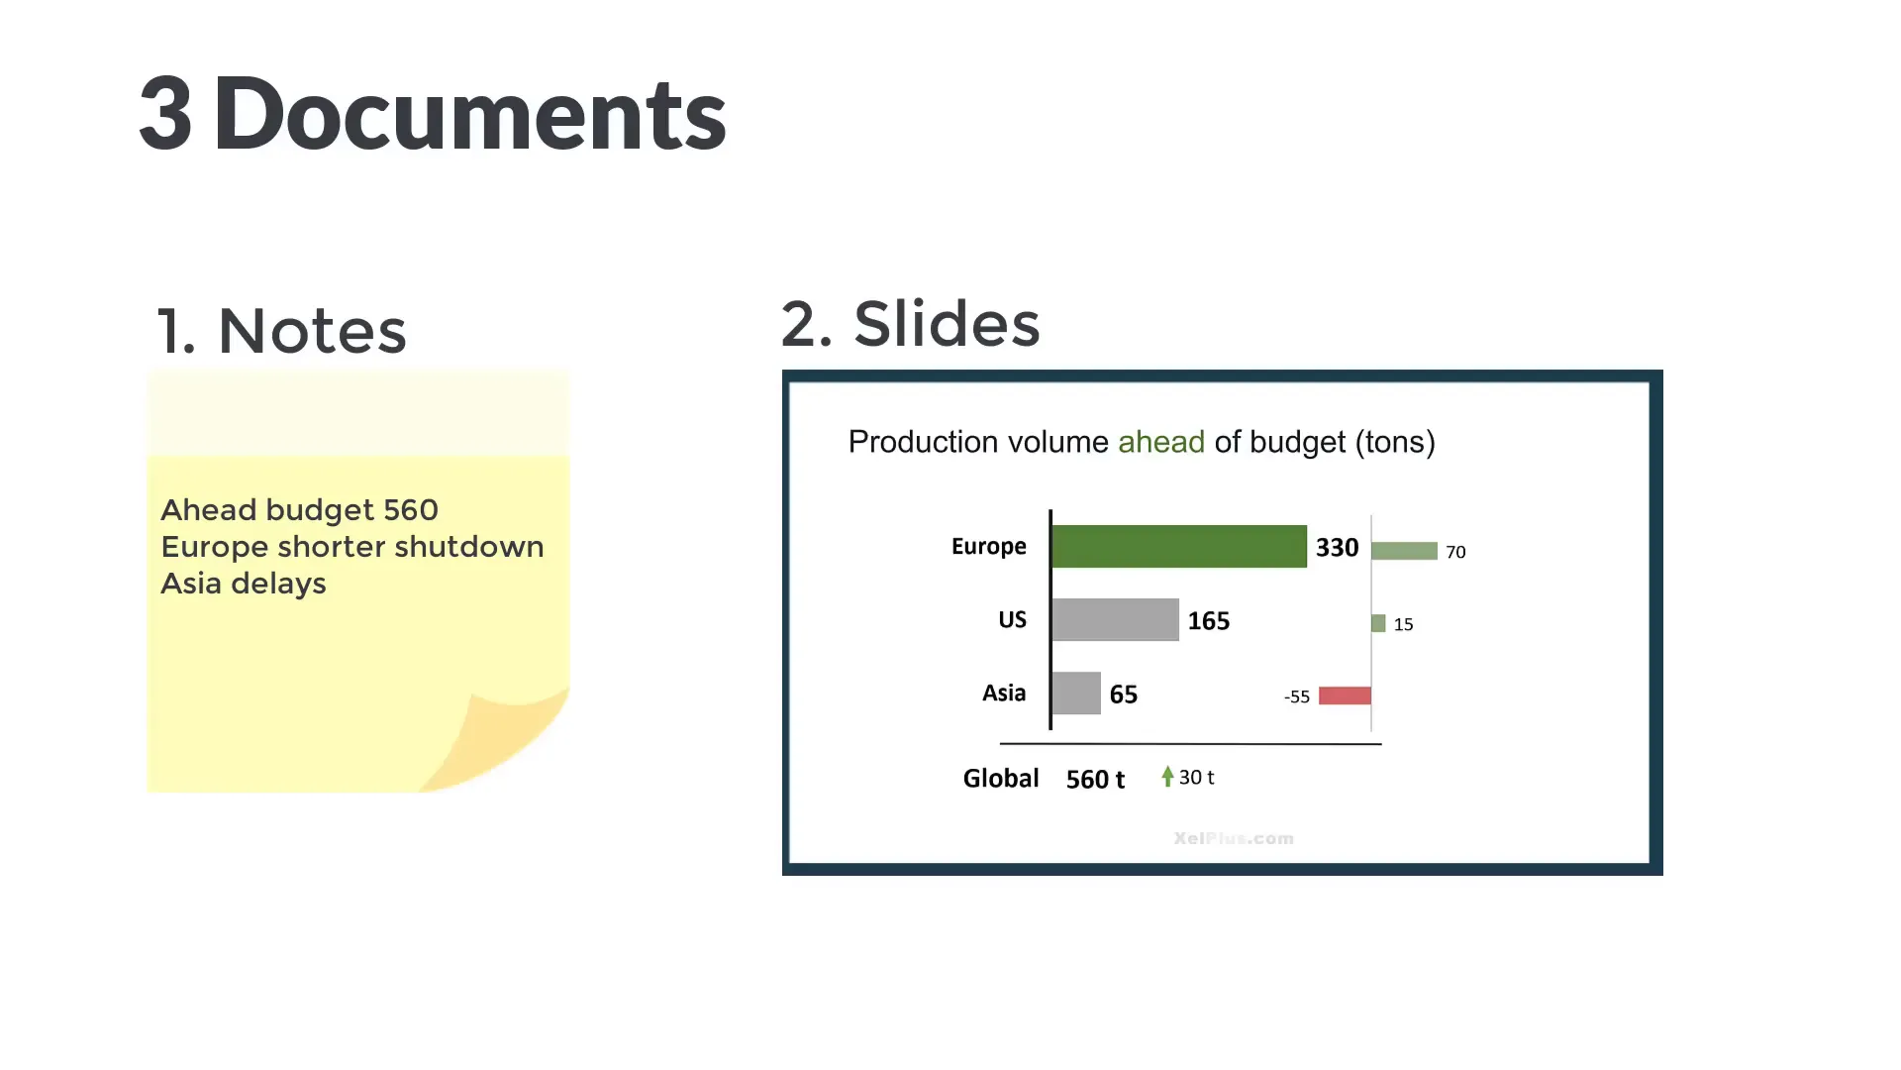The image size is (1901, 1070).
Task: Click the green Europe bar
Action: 1178,546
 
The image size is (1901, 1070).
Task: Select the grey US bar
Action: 1115,619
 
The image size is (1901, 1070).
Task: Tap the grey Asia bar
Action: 1076,693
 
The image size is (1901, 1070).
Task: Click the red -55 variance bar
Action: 1345,695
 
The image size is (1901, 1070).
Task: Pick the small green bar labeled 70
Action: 1404,551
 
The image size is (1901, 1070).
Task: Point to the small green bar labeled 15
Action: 1378,623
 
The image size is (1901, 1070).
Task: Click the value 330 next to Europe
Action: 1337,548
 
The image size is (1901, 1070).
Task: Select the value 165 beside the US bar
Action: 1208,621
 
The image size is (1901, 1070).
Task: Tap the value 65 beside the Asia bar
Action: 1123,695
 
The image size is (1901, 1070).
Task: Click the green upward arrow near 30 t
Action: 1167,776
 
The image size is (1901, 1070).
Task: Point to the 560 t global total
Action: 1095,780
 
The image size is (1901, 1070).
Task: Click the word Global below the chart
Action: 1000,779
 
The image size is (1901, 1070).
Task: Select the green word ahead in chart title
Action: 1160,442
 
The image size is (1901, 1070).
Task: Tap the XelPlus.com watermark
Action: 1234,839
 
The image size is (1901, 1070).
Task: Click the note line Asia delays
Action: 244,584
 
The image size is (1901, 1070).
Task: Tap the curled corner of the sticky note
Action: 505,738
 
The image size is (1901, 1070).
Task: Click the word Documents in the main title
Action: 469,114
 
